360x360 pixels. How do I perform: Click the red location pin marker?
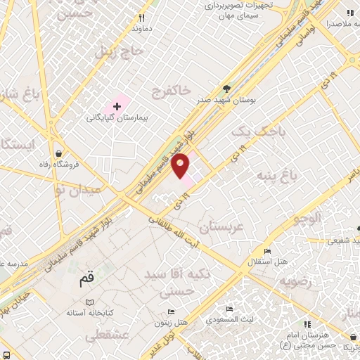coord(181,166)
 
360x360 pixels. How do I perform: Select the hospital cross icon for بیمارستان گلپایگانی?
coord(117,105)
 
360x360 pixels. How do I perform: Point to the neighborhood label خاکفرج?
coord(170,90)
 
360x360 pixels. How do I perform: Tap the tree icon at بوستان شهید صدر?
coord(226,89)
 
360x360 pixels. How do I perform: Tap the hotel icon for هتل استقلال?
coord(266,251)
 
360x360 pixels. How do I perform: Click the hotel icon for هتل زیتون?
coord(172,309)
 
